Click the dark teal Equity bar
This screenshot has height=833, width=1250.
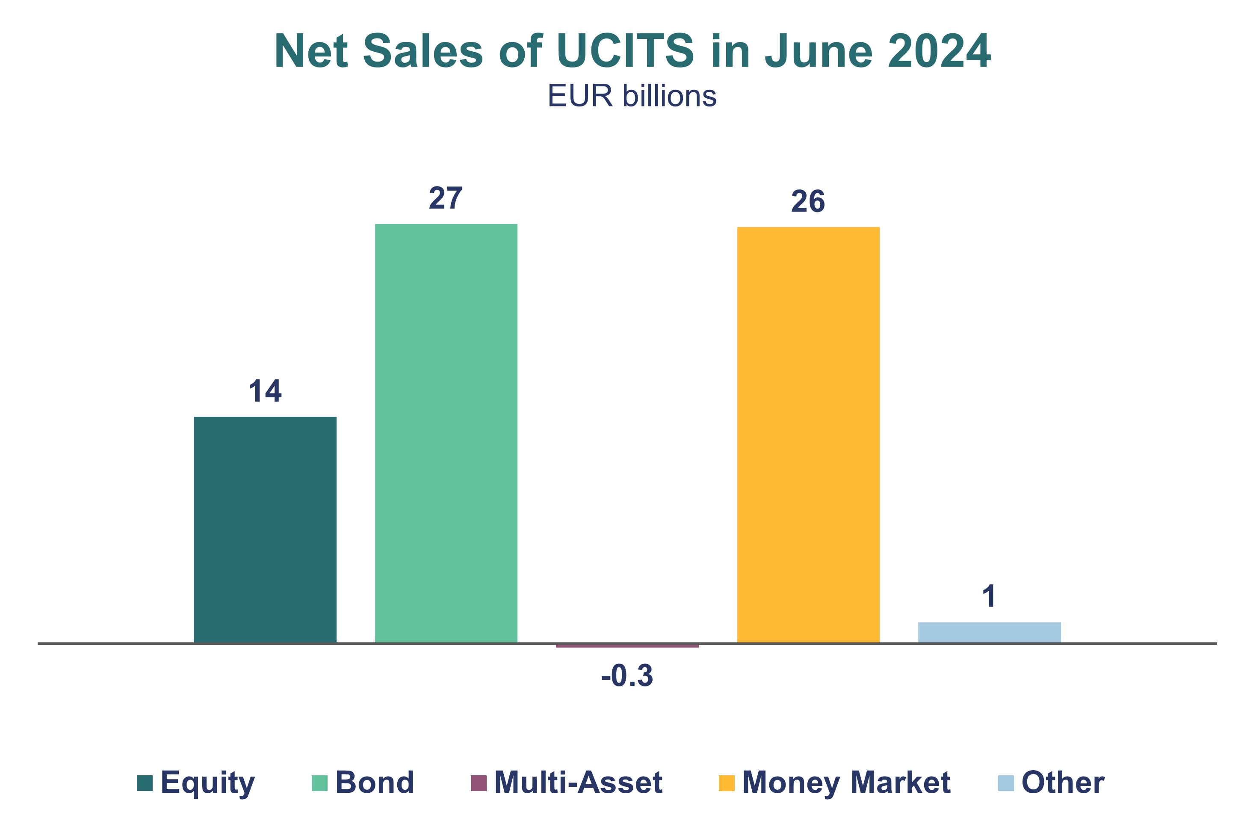265,530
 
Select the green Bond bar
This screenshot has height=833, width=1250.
446,433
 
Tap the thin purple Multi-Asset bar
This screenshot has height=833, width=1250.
627,645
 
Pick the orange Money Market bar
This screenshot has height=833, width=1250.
808,435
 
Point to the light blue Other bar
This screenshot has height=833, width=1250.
989,632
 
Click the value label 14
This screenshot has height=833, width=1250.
265,391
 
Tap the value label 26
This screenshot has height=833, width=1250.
808,201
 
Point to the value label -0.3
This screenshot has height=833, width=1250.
627,676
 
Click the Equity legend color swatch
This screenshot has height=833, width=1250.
145,783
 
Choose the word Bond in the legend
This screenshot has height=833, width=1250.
375,783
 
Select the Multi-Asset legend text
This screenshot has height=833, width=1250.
578,783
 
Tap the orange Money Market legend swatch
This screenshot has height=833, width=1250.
727,783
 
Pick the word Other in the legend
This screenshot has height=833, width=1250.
1063,783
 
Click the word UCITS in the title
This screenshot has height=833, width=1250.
625,52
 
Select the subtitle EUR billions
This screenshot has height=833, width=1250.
632,96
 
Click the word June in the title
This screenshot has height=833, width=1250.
819,52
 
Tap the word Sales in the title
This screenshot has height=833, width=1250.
423,52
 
